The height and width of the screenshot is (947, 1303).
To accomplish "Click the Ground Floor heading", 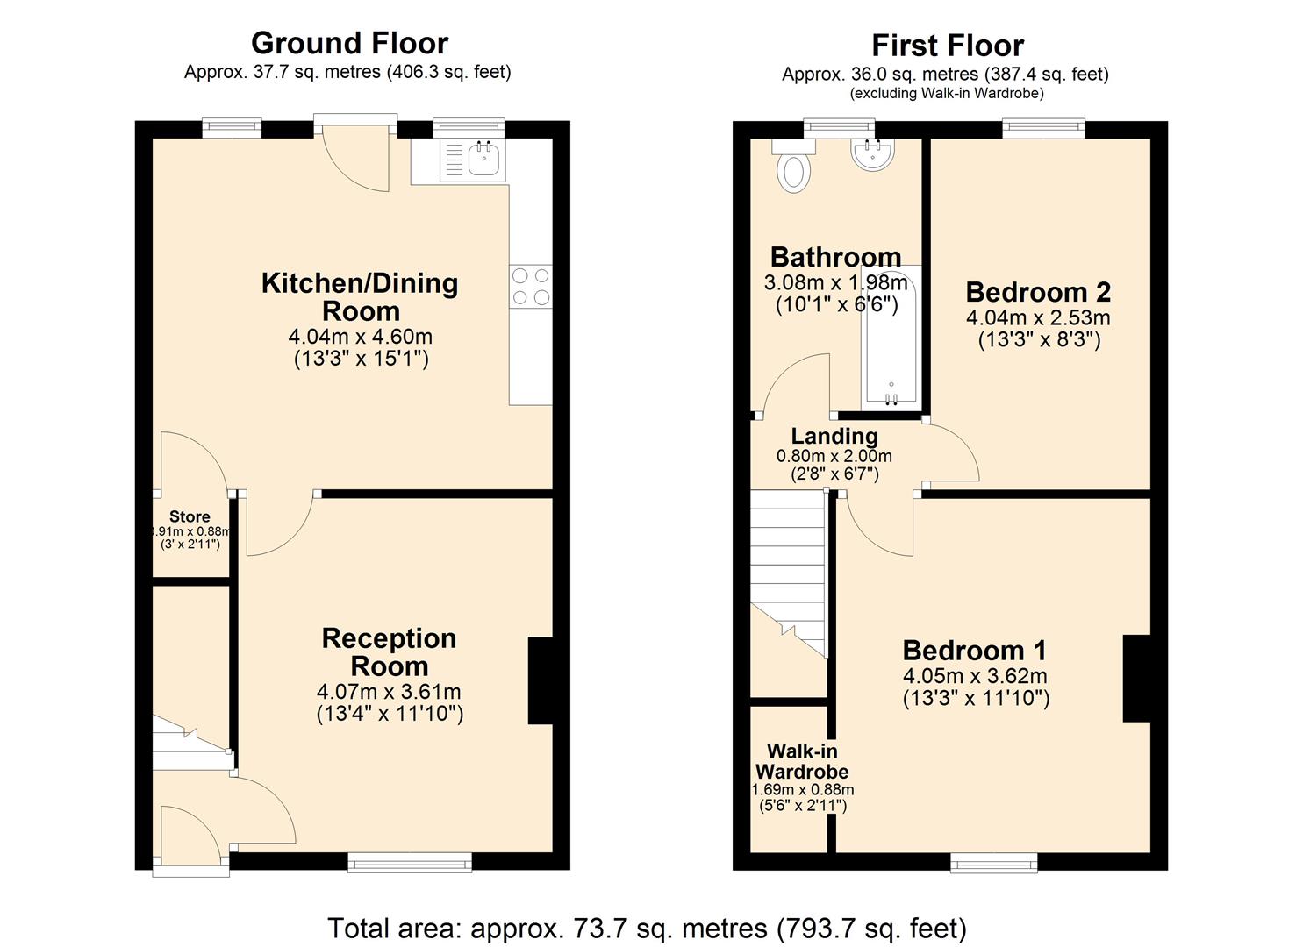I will [x=349, y=43].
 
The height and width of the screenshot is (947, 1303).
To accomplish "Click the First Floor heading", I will [x=947, y=46].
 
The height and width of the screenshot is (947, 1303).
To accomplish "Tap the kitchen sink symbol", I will [x=484, y=160].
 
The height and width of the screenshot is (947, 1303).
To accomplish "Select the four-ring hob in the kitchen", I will [x=531, y=287].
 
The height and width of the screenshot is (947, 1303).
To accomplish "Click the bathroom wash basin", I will [x=872, y=154].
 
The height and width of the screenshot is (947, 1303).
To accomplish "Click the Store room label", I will [x=190, y=516].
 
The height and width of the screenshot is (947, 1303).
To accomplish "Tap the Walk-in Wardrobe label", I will [x=802, y=761].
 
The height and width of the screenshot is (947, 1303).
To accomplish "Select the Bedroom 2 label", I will [x=1038, y=292].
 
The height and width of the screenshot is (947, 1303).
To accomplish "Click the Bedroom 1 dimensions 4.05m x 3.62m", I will [x=975, y=676].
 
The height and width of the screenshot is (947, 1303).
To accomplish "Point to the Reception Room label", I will [x=389, y=652].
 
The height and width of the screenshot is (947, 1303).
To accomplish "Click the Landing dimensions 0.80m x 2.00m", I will [x=834, y=456].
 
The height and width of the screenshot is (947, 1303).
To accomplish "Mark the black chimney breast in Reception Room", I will [x=540, y=680].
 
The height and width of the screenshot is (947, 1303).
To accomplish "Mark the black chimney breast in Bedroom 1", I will [x=1136, y=679].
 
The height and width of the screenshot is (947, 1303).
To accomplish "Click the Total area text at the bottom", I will [x=647, y=928].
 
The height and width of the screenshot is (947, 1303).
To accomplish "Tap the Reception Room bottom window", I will [x=410, y=863].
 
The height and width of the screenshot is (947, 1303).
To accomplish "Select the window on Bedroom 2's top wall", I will [x=1044, y=129].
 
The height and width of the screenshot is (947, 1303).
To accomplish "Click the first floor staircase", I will [x=788, y=570].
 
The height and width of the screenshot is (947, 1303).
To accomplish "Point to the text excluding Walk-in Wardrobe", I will [x=947, y=93].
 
